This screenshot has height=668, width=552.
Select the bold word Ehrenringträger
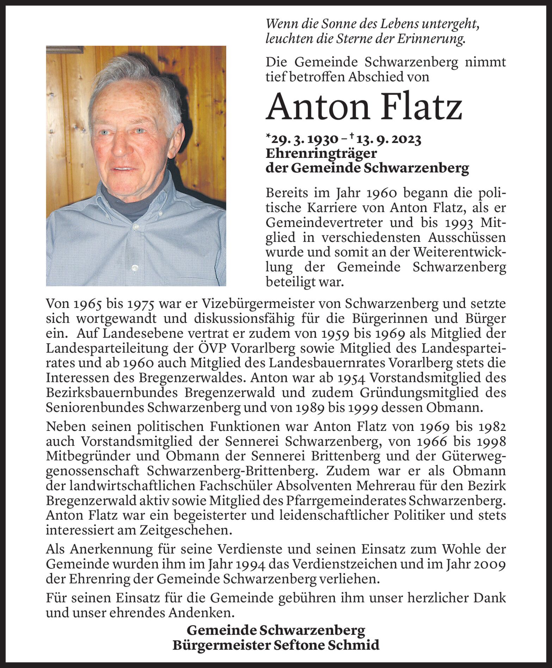(x=321, y=154)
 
